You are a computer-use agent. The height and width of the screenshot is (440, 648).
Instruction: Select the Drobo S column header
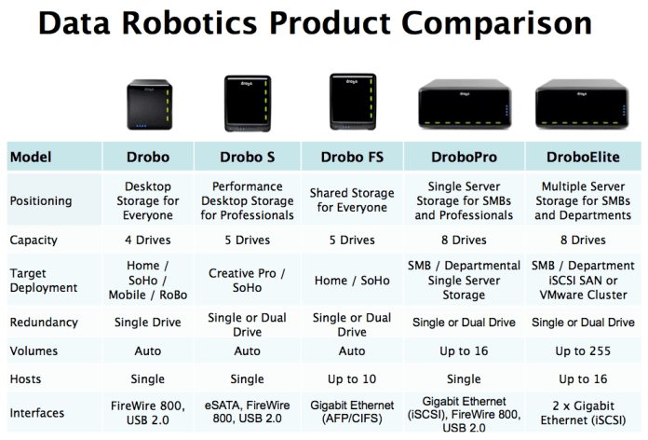(x=248, y=157)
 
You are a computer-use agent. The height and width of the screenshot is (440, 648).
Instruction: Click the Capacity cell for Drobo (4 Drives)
(x=147, y=240)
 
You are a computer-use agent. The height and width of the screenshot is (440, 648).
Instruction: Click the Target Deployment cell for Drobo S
(x=248, y=281)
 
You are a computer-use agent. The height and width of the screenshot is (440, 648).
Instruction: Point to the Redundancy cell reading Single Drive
(x=147, y=322)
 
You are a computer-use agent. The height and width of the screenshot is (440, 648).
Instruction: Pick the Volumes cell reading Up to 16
(x=464, y=351)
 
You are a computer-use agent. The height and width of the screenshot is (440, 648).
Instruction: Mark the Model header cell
(x=31, y=157)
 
